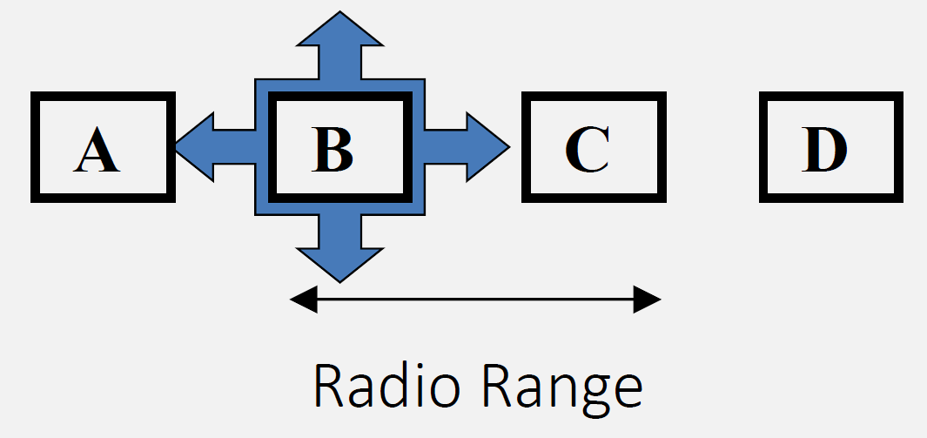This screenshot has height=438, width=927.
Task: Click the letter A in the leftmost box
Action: click(97, 150)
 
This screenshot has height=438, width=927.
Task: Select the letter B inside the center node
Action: click(333, 149)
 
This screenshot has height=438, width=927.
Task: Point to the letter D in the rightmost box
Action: click(824, 149)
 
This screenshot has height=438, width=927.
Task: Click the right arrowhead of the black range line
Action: click(648, 300)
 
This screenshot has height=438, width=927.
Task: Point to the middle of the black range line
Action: click(476, 300)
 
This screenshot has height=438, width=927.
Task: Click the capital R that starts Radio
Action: click(327, 387)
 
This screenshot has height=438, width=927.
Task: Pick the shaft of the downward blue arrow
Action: click(339, 231)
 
